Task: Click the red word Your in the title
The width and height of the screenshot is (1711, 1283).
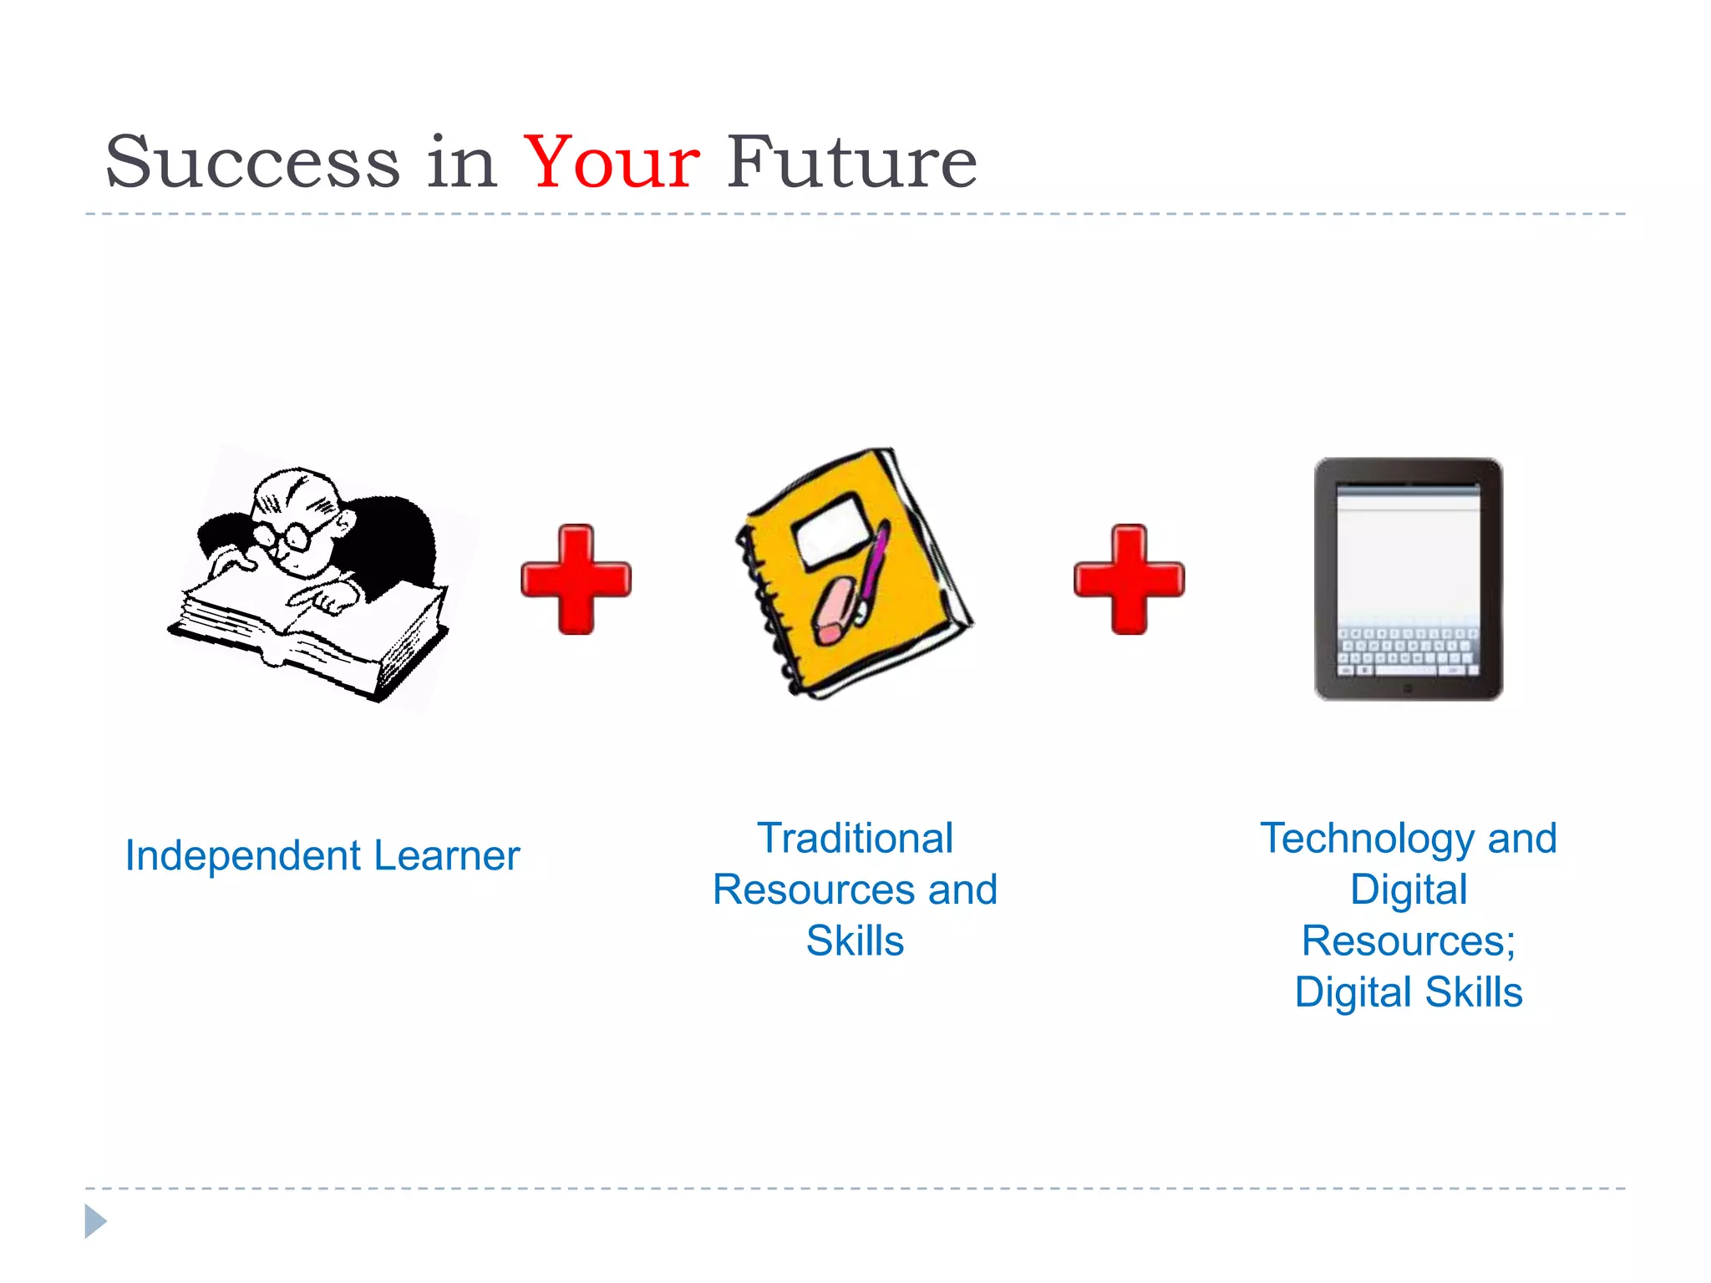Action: point(611,162)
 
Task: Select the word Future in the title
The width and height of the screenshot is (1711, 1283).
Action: point(851,162)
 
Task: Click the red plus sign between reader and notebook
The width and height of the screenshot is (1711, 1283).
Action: point(576,579)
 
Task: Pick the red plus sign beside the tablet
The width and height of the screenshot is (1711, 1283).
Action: point(1129,579)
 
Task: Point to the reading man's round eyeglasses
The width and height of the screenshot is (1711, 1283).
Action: point(284,535)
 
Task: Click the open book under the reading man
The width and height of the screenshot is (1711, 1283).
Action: point(309,635)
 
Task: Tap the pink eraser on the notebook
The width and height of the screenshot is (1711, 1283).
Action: point(835,610)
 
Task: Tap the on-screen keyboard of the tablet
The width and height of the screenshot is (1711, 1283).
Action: point(1408,652)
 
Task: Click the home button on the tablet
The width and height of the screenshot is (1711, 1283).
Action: point(1408,688)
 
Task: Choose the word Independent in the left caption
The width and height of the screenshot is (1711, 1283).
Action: point(243,856)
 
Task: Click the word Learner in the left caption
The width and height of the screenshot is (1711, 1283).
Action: point(447,856)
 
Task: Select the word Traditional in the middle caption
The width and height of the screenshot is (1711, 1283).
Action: point(855,839)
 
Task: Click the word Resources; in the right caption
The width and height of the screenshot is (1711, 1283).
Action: point(1409,941)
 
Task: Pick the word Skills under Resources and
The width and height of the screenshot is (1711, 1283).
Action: point(855,941)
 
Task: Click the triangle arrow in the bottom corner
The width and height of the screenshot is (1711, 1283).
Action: point(94,1221)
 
